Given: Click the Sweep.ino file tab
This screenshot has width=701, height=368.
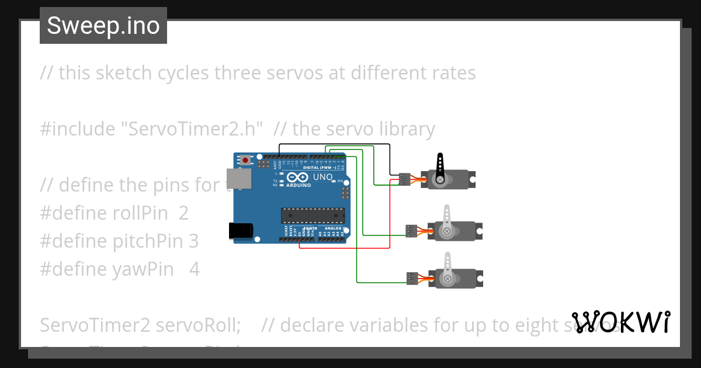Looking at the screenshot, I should click(103, 26).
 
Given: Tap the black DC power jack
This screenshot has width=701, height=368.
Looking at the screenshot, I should click(240, 231).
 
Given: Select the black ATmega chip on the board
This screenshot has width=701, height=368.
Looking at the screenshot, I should click(312, 215).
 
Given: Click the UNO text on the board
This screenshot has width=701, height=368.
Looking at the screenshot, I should click(323, 177).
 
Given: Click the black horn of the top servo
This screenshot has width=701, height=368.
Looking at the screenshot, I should click(440, 166).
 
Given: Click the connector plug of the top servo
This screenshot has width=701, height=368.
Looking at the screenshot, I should click(404, 179).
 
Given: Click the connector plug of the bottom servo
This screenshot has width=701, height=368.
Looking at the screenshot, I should click(413, 279).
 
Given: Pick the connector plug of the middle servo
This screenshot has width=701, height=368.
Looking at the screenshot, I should click(412, 231).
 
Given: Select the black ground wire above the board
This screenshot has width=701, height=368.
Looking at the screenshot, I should click(333, 144).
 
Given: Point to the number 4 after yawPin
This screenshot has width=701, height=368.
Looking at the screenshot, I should click(195, 269).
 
